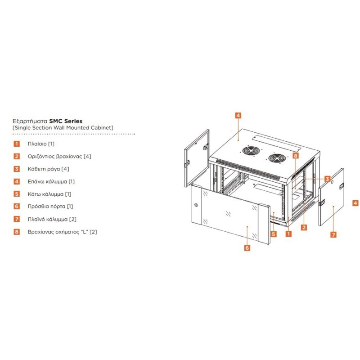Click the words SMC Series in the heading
tap(66, 121)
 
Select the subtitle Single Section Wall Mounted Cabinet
tap(63, 128)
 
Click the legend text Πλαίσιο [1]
tap(41, 144)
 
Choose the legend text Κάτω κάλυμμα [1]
tap(49, 194)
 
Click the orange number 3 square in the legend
tap(16, 169)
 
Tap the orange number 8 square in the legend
tap(16, 232)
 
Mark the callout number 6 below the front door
tap(247, 247)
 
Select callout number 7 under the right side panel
tap(333, 234)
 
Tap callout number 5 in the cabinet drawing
tap(274, 234)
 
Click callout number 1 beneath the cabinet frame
tap(288, 234)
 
